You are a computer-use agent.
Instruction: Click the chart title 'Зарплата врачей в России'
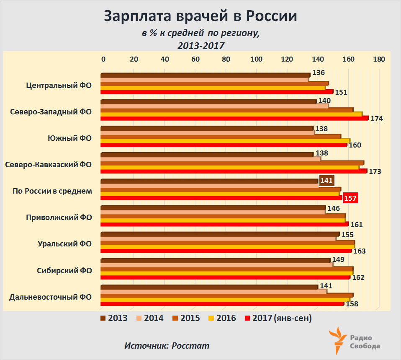tap(200, 16)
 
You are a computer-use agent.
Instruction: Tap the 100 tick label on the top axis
tap(257, 59)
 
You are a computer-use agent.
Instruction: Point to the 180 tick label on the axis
tap(379, 59)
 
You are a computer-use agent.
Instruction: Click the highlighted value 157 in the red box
tap(350, 198)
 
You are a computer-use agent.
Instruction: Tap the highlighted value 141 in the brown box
tap(326, 181)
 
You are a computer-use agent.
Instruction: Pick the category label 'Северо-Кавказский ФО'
tap(49, 165)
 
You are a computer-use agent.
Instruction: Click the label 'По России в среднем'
tap(52, 191)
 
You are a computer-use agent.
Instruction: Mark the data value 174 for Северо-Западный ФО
tap(377, 119)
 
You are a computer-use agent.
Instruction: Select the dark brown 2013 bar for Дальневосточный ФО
tap(209, 287)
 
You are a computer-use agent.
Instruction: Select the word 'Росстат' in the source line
tap(190, 346)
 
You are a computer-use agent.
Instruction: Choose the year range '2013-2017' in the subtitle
tap(200, 45)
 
